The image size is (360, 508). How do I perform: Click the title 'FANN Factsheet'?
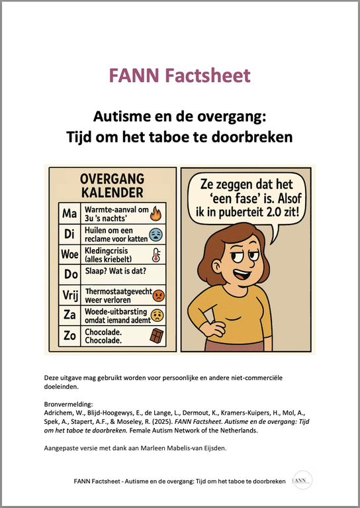pos(179,76)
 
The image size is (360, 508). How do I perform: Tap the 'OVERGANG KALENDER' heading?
pos(112,185)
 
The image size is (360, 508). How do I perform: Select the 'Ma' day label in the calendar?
pos(69,215)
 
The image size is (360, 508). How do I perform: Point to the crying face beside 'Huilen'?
pos(156,234)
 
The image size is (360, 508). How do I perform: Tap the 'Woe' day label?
pos(69,255)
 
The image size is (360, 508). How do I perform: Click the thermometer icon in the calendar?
pos(157,255)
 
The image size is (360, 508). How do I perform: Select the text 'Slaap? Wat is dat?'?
pos(114,274)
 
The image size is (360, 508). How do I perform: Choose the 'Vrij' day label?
pos(69,293)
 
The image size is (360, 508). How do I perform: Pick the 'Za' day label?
pos(69,315)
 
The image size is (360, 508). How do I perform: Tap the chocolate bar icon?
pos(157,336)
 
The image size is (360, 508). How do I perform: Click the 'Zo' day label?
pos(69,335)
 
